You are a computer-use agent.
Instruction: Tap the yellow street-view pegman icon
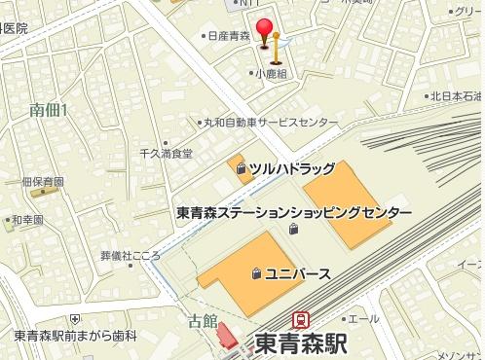[278, 45]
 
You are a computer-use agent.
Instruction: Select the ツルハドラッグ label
[292, 168]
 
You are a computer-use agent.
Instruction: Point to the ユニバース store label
[298, 273]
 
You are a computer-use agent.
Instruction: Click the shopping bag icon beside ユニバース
[255, 273]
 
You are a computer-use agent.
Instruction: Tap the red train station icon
[302, 319]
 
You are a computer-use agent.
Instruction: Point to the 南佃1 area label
[48, 110]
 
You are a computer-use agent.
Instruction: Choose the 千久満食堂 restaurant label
[167, 154]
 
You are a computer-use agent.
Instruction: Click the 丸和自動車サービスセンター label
[270, 124]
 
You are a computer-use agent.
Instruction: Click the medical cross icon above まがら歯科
[75, 318]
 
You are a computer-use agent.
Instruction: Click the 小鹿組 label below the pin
[271, 73]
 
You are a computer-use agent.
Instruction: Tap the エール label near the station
[364, 319]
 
